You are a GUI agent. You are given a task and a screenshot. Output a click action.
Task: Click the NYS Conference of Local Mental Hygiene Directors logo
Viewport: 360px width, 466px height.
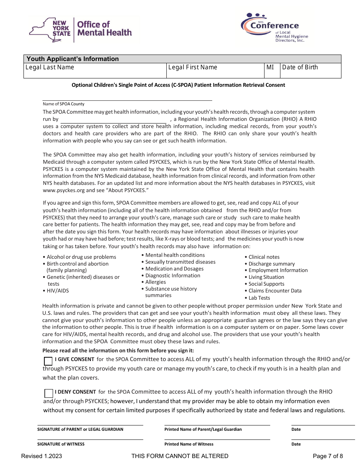click(274, 27)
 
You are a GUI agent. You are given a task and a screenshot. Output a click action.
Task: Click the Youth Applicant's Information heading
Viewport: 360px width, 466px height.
click(72, 59)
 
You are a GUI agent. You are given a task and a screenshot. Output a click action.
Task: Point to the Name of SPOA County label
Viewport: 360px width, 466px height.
click(64, 104)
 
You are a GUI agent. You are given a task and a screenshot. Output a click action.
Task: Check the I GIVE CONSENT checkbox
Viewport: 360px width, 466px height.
click(49, 361)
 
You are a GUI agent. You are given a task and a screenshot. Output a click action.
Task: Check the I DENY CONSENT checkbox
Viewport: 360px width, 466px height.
click(49, 393)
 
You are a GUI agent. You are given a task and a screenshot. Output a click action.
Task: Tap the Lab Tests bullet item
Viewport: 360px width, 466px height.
click(259, 298)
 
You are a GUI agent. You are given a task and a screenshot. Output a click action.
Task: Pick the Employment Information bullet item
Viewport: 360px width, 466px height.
click(278, 271)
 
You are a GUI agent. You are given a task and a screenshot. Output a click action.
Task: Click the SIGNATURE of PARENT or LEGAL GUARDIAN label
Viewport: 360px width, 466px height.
click(80, 430)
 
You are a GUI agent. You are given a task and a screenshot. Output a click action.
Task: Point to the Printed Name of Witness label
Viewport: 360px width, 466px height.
click(189, 444)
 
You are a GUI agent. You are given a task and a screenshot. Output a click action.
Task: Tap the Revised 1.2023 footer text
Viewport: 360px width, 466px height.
click(42, 456)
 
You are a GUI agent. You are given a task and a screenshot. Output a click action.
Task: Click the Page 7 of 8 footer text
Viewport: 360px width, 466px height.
click(328, 456)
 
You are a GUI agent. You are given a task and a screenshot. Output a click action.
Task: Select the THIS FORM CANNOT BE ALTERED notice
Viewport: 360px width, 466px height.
click(180, 456)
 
